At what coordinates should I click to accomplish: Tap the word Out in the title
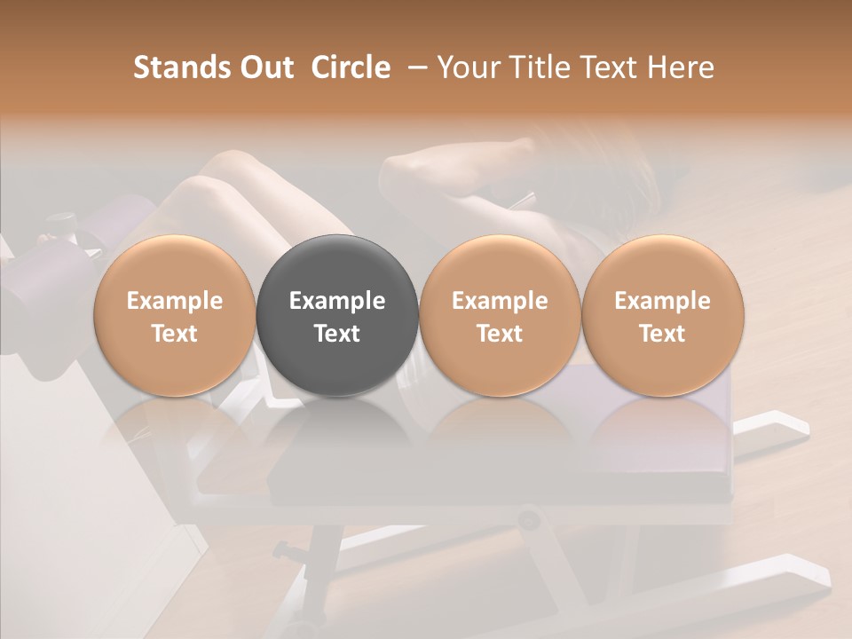pos(265,67)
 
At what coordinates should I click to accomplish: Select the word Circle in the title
pos(351,67)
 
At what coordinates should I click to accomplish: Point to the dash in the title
pos(415,67)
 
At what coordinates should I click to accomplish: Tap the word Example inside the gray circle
pos(337,301)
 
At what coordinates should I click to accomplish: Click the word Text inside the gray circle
pos(337,334)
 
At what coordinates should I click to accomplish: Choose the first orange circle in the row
pos(174,266)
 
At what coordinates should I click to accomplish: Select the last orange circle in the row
pos(662,266)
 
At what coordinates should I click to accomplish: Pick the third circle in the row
pos(500,266)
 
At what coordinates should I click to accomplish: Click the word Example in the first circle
pos(174,301)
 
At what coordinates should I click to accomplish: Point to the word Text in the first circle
pos(174,334)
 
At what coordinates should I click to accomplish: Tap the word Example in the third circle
pos(500,301)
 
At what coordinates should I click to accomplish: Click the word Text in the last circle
pos(662,334)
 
